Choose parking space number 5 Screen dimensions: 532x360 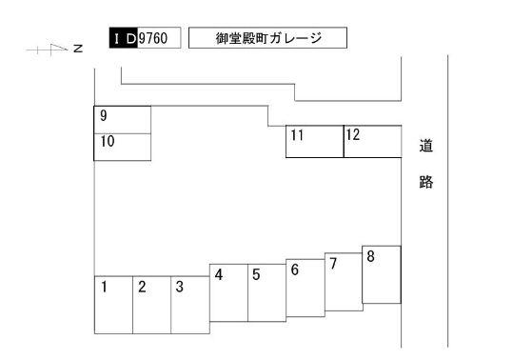pyautogui.click(x=266, y=292)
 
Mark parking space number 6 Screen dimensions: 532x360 pyautogui.click(x=305, y=287)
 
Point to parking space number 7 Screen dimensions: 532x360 pyautogui.click(x=343, y=281)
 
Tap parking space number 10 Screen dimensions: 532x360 pyautogui.click(x=123, y=147)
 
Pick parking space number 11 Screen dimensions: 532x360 pyautogui.click(x=314, y=141)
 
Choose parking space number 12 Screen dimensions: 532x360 pyautogui.click(x=371, y=141)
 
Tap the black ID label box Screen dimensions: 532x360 pyautogui.click(x=123, y=38)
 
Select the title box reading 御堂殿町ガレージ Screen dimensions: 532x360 pyautogui.click(x=267, y=38)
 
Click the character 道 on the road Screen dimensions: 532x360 pyautogui.click(x=425, y=148)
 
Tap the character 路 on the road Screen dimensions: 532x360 pyautogui.click(x=425, y=182)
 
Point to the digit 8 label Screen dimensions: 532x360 pyautogui.click(x=370, y=256)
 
